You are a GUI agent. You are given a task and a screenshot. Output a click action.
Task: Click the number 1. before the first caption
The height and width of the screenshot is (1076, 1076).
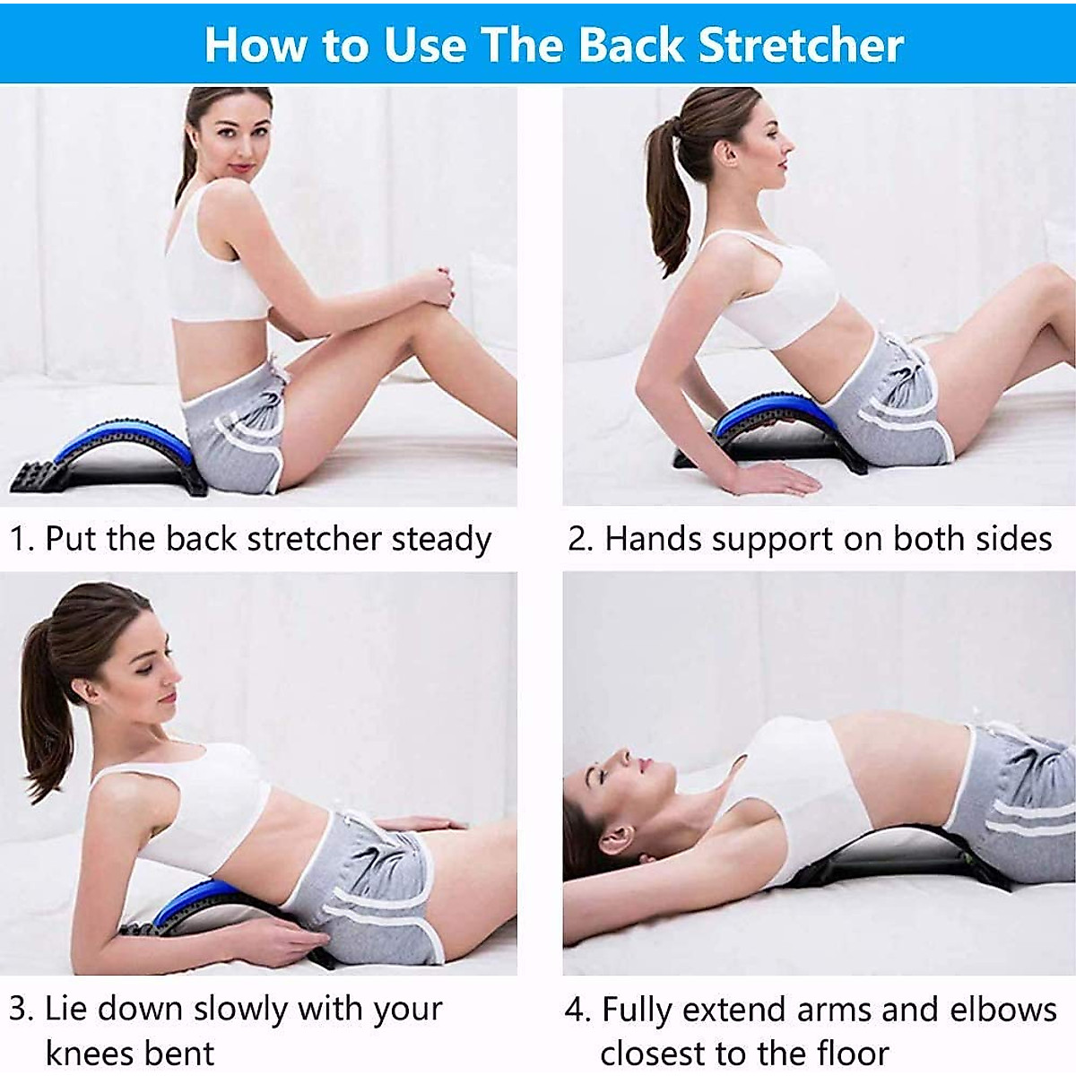22,540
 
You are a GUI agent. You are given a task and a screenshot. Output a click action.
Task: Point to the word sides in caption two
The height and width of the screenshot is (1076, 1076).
1016,540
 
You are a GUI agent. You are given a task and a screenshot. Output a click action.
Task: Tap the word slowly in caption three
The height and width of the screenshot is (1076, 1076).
240,1009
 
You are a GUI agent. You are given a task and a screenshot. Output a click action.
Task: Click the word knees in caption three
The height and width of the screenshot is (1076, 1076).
88,1053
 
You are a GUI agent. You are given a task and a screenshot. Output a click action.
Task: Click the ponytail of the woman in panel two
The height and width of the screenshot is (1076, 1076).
668,197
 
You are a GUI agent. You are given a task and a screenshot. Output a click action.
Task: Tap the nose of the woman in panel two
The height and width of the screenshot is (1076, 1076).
789,143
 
